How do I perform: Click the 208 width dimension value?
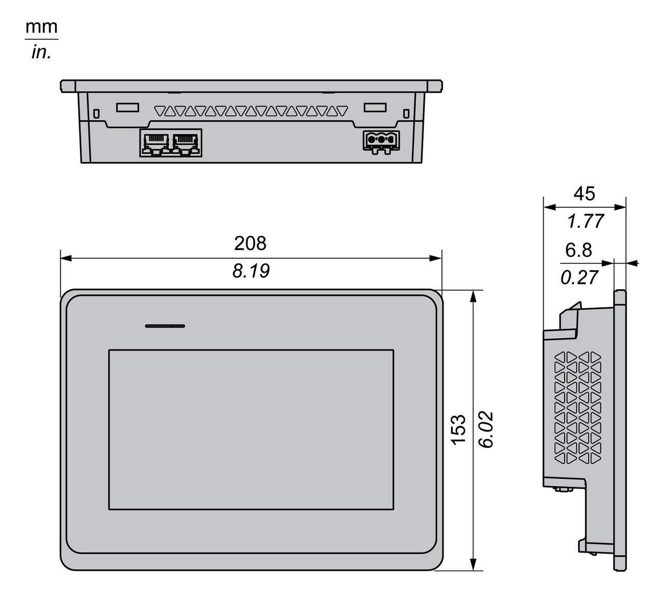click(250, 244)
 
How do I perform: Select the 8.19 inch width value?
click(250, 271)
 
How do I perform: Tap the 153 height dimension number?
click(459, 429)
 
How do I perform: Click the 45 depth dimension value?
click(584, 194)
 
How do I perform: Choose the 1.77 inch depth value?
click(585, 221)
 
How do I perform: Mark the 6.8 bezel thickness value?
click(579, 250)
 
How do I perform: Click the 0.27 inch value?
click(579, 277)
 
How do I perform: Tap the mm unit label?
click(42, 27)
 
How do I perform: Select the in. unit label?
click(42, 52)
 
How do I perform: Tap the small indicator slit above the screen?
click(165, 326)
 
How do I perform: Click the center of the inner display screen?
click(251, 429)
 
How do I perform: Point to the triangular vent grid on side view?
click(578, 408)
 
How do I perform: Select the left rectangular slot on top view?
click(127, 107)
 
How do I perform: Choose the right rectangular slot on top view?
click(375, 107)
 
